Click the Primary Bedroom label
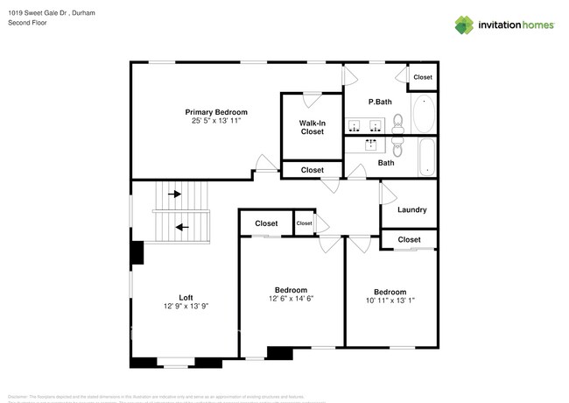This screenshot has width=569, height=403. pos(215,112)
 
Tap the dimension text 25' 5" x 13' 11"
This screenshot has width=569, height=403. pos(215,121)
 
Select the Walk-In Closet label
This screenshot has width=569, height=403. pos(313,127)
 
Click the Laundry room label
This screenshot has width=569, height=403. pos(411,209)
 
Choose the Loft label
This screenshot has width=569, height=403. pos(186,296)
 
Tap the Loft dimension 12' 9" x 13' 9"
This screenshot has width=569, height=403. pos(186,306)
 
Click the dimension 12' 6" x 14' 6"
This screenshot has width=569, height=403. pos(291,299)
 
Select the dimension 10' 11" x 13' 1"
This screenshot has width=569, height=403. pos(390,300)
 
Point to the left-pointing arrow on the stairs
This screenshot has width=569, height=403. pos(182,226)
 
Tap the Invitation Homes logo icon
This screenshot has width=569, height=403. pos(464,25)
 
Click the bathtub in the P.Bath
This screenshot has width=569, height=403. pos(422,115)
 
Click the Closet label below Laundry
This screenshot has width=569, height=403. pos(409,239)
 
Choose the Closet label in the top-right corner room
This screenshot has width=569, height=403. pos(423,77)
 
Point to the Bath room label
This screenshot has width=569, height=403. pos(386,162)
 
